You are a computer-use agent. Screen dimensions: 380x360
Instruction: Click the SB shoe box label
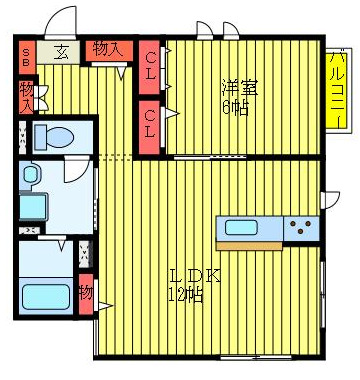[25, 53]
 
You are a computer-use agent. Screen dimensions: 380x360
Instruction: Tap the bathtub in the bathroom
[44, 298]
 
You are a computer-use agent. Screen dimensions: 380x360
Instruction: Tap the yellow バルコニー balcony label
[338, 90]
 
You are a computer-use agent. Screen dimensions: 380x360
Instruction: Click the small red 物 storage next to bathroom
[86, 293]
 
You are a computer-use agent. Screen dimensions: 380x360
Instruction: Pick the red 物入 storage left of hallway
[25, 97]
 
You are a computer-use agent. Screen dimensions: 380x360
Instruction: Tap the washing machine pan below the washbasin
[32, 209]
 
